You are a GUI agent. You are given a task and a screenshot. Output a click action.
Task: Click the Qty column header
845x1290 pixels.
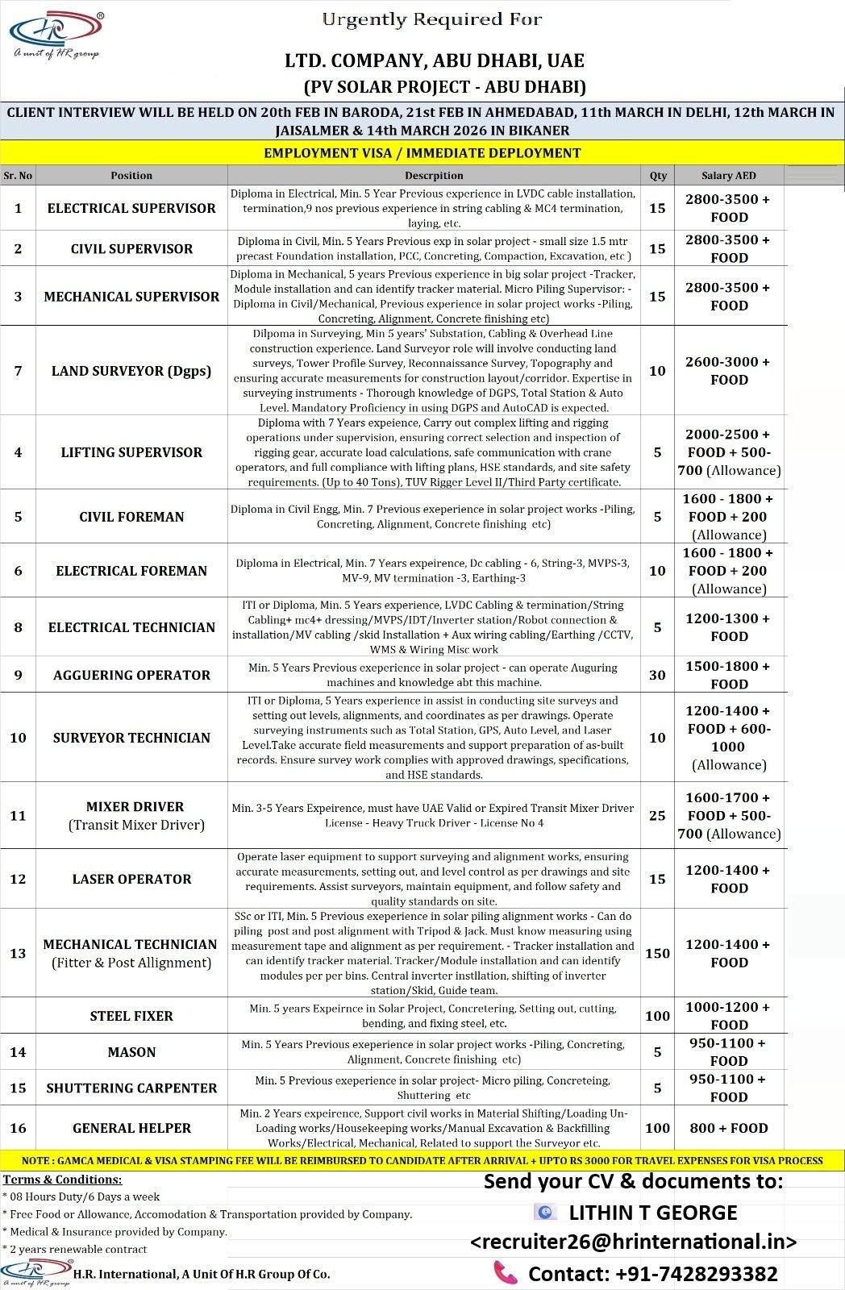[658, 175]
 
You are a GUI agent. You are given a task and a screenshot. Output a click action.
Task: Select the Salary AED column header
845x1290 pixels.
[729, 175]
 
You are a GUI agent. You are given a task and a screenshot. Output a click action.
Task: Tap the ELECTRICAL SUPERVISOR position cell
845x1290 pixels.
[131, 208]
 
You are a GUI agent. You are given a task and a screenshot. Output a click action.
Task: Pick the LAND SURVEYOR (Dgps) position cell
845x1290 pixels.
[131, 371]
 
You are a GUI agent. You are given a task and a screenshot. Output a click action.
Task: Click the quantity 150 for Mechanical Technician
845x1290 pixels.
[658, 953]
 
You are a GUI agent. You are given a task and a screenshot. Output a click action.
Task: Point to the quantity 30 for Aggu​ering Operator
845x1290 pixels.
[658, 675]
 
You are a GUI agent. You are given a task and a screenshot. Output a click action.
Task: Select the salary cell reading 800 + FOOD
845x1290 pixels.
[729, 1128]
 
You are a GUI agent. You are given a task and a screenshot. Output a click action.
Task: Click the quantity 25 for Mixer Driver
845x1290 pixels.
[658, 815]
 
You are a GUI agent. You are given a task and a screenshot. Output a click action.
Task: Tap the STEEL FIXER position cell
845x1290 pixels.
[131, 1016]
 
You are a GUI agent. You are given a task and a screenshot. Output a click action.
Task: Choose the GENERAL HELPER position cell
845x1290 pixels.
[131, 1128]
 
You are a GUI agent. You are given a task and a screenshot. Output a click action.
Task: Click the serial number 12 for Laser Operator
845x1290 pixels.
[18, 879]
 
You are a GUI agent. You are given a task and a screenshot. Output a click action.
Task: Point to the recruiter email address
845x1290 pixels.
[634, 1242]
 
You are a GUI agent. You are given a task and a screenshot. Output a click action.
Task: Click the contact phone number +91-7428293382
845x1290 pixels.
[653, 1274]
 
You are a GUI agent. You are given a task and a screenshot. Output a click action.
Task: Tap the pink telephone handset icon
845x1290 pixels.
[505, 1272]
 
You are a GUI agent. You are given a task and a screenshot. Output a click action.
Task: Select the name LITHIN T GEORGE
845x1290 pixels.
[653, 1213]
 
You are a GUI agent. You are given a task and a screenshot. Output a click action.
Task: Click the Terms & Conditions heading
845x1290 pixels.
[62, 1180]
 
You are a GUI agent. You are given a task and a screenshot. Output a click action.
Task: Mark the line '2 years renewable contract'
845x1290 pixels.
[77, 1249]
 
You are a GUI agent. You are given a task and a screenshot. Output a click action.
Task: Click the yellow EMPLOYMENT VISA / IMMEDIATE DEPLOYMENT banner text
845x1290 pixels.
[422, 152]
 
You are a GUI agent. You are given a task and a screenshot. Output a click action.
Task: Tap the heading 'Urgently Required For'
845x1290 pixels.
[432, 19]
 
